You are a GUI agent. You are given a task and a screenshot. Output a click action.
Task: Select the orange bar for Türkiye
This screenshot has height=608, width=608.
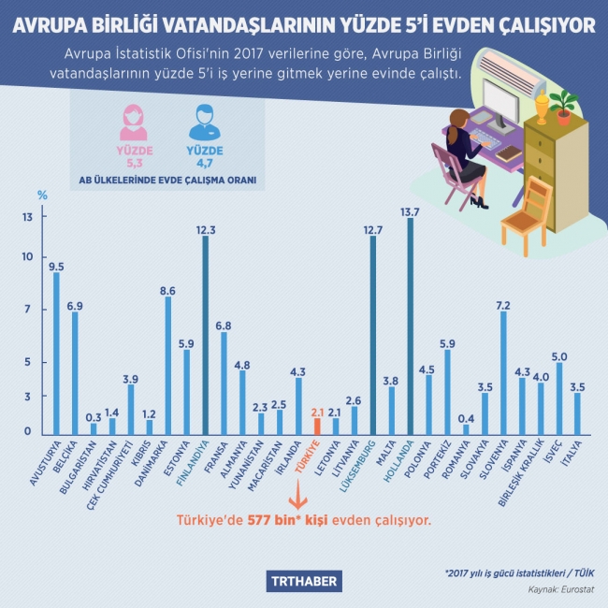point(317,425)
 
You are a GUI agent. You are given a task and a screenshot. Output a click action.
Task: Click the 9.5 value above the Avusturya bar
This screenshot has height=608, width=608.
point(56,265)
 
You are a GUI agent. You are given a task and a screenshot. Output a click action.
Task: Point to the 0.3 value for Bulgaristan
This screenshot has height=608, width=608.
point(93,416)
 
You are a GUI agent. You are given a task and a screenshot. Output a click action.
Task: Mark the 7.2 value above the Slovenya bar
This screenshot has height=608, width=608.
point(503,305)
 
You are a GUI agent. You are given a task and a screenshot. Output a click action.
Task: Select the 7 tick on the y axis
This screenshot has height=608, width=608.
point(28,310)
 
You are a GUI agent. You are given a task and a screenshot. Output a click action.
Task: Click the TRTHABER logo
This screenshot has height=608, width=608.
point(304,582)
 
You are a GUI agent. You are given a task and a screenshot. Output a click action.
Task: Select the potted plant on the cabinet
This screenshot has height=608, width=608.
point(562,106)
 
